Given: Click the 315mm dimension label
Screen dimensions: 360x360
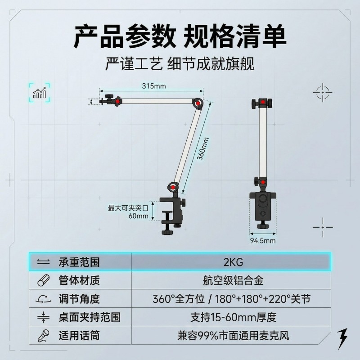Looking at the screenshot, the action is click(x=154, y=86).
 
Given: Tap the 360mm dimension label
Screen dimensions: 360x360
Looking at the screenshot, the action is click(x=203, y=149).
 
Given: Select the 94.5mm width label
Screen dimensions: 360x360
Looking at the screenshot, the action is click(x=263, y=241).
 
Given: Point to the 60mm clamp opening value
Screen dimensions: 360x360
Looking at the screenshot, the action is click(x=138, y=216).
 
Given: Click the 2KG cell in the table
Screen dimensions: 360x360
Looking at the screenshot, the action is click(x=233, y=262).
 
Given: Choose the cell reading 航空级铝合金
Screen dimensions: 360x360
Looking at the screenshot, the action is click(x=233, y=280).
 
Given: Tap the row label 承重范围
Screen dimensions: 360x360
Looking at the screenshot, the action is click(x=79, y=262).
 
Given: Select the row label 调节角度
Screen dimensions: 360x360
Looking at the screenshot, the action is click(x=79, y=299).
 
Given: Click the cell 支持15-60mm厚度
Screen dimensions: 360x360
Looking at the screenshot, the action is click(x=233, y=317).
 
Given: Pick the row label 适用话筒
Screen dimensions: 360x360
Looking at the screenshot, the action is click(x=79, y=336).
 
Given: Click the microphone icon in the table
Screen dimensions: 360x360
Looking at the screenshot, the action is click(x=43, y=336).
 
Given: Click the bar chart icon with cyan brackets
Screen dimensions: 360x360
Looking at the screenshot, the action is click(x=40, y=93).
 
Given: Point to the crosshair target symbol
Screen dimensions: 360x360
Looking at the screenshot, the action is click(x=323, y=92).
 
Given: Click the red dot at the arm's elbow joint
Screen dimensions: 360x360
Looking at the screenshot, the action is click(x=198, y=104).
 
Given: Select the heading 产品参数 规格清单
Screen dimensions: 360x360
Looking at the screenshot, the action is click(x=180, y=37).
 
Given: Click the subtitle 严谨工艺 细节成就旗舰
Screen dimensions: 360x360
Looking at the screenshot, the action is click(x=180, y=64).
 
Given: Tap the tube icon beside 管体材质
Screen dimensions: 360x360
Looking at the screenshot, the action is click(x=43, y=280).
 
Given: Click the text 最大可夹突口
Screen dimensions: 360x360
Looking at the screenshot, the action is click(x=128, y=208).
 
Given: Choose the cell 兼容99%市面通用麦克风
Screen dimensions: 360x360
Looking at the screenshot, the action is click(x=233, y=336).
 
